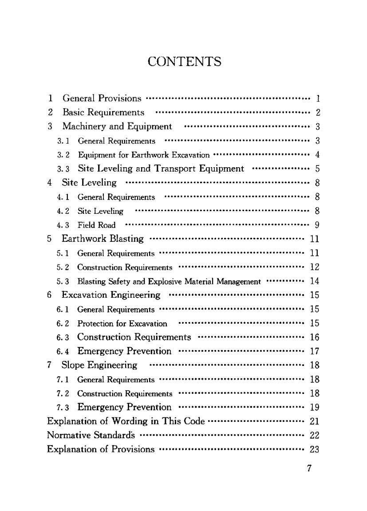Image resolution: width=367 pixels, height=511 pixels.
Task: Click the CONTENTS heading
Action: coord(184,61)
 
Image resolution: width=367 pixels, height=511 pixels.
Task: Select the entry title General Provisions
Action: coord(102,98)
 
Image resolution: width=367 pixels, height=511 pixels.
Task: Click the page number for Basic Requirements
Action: coord(318,112)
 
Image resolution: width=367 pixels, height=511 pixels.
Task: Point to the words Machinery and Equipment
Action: coord(117,126)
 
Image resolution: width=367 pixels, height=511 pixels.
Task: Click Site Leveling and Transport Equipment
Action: coord(161,169)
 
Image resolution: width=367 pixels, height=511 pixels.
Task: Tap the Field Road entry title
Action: coord(96,225)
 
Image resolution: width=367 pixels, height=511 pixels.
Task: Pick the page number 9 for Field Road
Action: coord(317,225)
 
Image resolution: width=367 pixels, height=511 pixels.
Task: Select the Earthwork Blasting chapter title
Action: coord(103,239)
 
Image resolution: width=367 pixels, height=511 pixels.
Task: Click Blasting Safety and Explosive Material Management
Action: coord(169,281)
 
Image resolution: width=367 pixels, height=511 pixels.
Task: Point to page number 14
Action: coord(314,281)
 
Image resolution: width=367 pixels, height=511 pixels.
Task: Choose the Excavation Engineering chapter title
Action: coord(111,295)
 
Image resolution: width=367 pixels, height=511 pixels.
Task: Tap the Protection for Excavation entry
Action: coord(122,323)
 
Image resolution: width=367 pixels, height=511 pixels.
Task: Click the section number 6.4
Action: coord(62,352)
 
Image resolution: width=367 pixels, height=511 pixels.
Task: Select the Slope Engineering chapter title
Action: coord(99,366)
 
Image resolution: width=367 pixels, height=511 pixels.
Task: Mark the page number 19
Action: coord(314,407)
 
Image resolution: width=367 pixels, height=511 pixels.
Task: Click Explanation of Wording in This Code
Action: coord(126,421)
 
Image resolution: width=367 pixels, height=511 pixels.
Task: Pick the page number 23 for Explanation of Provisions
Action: coord(314,449)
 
